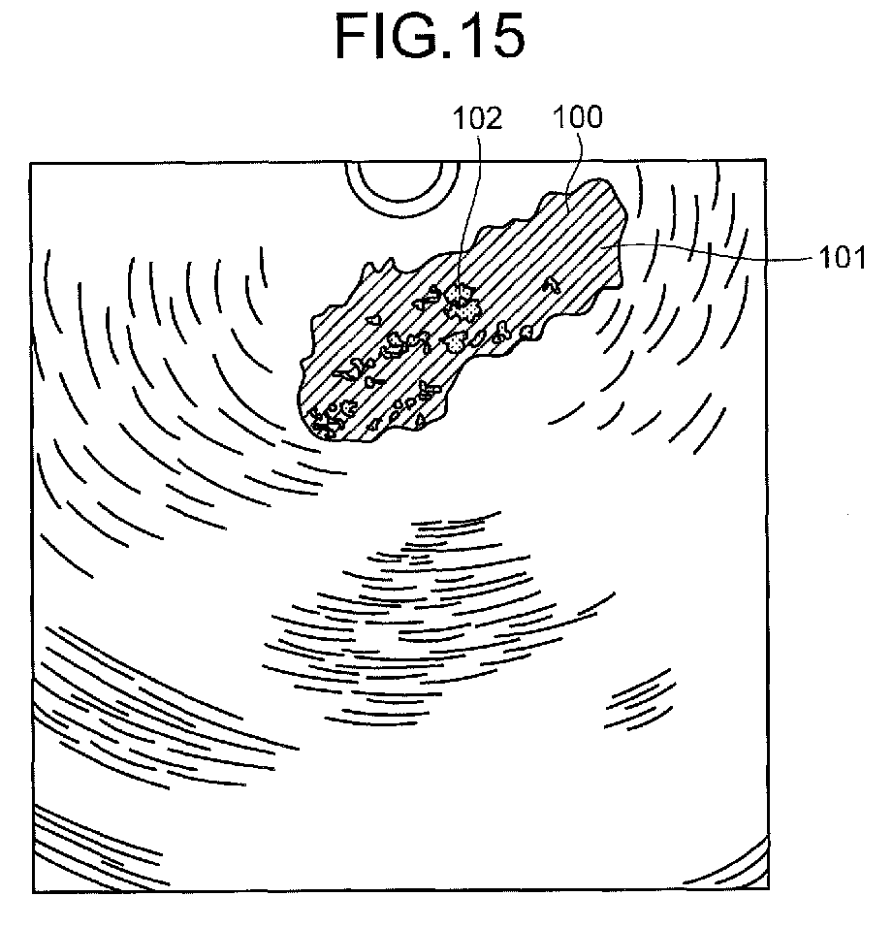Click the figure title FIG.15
pos(430,36)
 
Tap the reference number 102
pos(478,118)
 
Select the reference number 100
pos(578,117)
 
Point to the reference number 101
pos(843,258)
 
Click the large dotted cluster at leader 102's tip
pos(462,302)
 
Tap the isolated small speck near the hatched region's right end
pos(554,284)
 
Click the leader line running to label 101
pos(710,251)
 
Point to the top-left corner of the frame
pos(31,163)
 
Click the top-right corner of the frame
pos(766,160)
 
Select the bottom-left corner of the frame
pos(33,892)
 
